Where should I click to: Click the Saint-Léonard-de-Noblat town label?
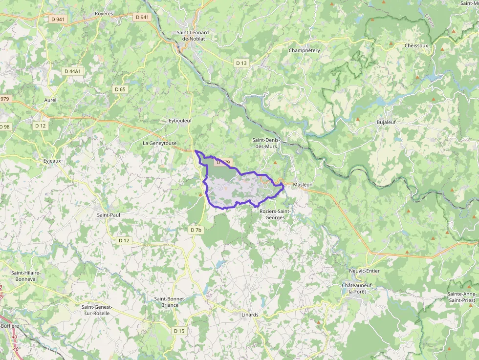pyautogui.click(x=194, y=35)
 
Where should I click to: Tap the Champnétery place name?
pyautogui.click(x=304, y=50)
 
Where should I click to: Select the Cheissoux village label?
pyautogui.click(x=416, y=45)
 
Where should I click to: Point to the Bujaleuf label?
pyautogui.click(x=386, y=122)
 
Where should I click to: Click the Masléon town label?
pyautogui.click(x=303, y=185)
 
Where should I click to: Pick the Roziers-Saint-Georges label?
pyautogui.click(x=275, y=214)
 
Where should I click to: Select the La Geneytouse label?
pyautogui.click(x=159, y=143)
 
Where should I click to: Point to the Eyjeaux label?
pyautogui.click(x=52, y=160)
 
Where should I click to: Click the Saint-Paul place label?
pyautogui.click(x=109, y=214)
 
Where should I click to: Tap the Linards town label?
pyautogui.click(x=250, y=315)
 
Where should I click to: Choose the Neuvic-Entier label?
pyautogui.click(x=364, y=271)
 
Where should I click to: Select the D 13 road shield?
pyautogui.click(x=241, y=63)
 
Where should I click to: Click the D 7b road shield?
pyautogui.click(x=196, y=230)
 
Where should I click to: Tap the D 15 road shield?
pyautogui.click(x=179, y=331)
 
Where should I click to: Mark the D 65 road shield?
pyautogui.click(x=120, y=89)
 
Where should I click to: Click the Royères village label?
pyautogui.click(x=104, y=14)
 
